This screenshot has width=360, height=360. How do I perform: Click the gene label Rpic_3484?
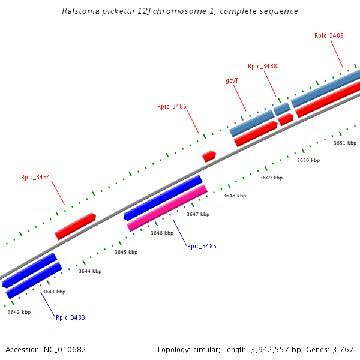[35, 177]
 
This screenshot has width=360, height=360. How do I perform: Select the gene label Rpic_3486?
[172, 106]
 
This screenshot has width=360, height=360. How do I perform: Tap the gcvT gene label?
[232, 80]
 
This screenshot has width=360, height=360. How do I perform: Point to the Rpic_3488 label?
[262, 66]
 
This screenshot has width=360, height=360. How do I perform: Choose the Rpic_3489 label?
[329, 35]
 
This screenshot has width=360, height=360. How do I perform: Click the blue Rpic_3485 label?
[202, 246]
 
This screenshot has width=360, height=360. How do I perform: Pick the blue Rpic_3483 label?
[70, 317]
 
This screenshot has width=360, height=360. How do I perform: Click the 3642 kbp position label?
[19, 312]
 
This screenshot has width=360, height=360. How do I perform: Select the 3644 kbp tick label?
[90, 271]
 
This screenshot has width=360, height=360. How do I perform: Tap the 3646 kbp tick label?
[162, 233]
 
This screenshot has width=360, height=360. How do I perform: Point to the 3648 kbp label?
[235, 196]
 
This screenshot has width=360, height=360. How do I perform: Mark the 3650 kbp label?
[308, 160]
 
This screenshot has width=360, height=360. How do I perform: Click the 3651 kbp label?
[345, 143]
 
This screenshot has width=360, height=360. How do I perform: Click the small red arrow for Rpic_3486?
[209, 157]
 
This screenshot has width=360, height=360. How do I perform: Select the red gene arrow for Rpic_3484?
[76, 226]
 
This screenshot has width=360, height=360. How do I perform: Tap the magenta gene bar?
[167, 208]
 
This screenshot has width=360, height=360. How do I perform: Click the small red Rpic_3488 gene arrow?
[286, 119]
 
